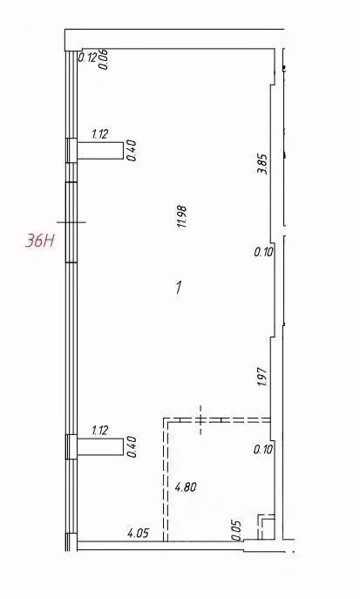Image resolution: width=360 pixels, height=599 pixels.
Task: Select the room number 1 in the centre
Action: click(178, 289)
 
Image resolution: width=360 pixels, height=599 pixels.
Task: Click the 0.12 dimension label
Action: click(87, 58)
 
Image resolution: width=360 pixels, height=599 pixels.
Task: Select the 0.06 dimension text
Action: click(105, 58)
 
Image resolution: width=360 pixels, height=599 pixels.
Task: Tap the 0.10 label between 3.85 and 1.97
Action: click(263, 253)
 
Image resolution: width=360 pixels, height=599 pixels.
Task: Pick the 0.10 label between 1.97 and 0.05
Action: click(263, 450)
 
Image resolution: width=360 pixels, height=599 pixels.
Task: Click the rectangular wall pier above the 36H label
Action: click(98, 151)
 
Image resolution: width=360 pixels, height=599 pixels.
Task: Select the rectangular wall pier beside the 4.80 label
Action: click(98, 447)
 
